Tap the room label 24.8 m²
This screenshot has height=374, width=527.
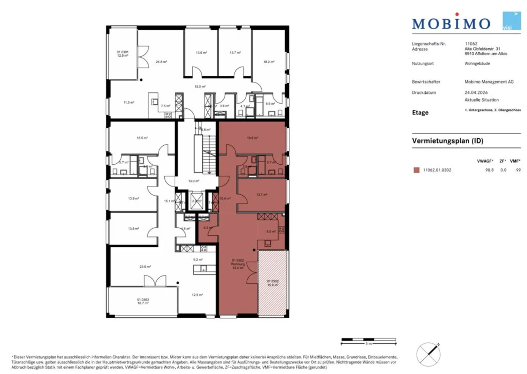pos(161,62)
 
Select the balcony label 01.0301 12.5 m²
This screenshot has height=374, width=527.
pos(123,54)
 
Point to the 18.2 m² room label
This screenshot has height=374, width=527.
pos(269,62)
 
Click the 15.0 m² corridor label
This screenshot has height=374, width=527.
pos(200,87)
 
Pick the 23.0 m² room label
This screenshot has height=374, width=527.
pos(145,267)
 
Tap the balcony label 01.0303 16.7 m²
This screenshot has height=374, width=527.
pos(143,301)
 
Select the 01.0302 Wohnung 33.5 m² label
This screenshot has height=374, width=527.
pos(238,264)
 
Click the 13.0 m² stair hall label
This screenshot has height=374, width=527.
pos(194,181)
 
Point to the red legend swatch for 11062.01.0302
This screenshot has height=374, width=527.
pos(416,170)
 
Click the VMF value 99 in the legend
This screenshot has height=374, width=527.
pos(518,170)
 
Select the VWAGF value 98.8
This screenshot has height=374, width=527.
pos(489,170)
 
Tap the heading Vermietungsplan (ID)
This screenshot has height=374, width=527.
pos(447,141)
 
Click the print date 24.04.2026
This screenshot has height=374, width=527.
pos(476,93)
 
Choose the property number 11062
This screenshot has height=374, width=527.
pos(471,44)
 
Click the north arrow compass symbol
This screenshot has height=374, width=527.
pos(429,354)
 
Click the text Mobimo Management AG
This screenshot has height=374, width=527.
pos(489,82)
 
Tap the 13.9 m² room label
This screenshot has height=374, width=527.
pos(133,199)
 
